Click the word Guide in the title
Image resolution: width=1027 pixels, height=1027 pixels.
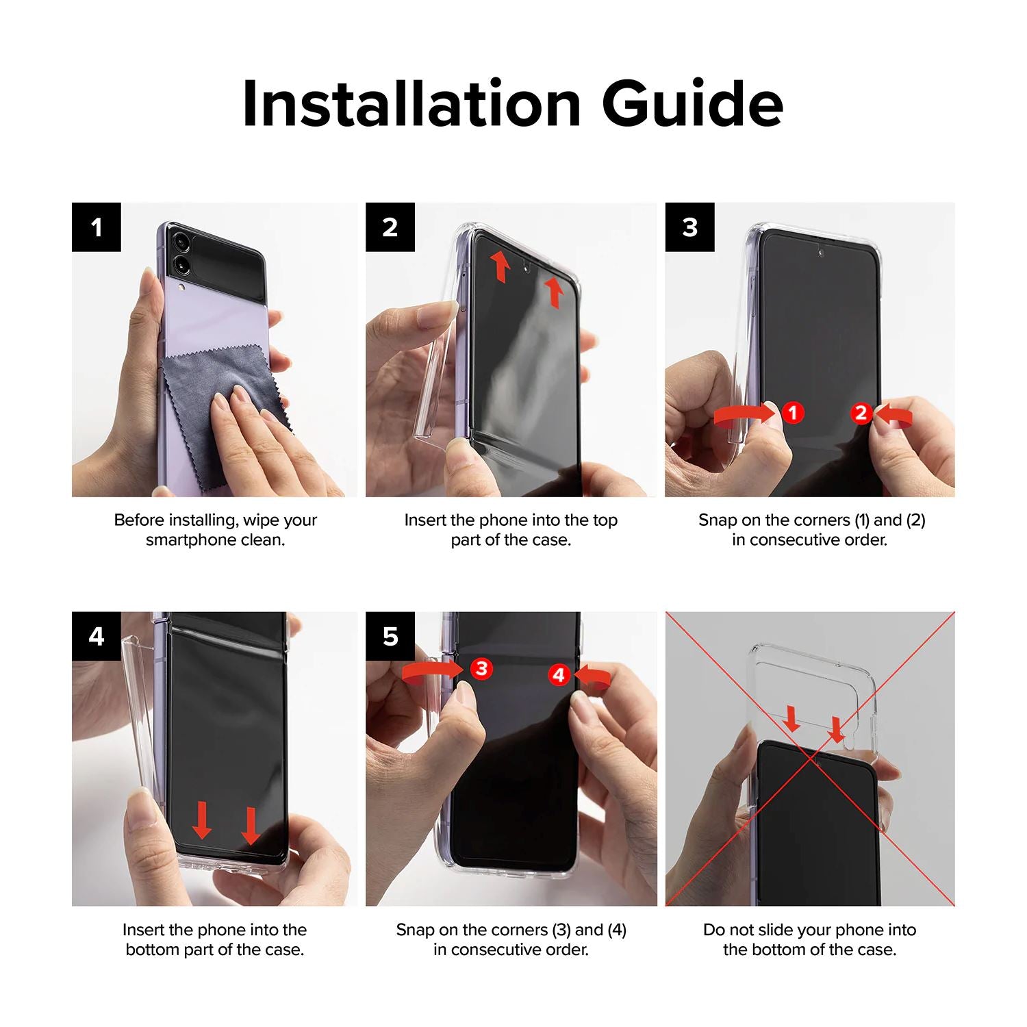[x=693, y=103]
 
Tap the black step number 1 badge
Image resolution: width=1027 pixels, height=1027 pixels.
[x=97, y=227]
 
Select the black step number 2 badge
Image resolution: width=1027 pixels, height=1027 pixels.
[x=390, y=227]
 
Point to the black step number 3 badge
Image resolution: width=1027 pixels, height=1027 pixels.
[x=689, y=227]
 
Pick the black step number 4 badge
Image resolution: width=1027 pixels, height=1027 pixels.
[x=97, y=637]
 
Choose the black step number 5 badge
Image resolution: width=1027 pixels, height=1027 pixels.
[x=390, y=637]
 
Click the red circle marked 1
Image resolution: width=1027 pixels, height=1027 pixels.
[x=793, y=412]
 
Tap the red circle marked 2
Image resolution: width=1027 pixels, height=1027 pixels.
[x=861, y=413]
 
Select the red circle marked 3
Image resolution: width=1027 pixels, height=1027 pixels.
[x=481, y=668]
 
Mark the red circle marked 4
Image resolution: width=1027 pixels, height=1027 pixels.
[x=559, y=676]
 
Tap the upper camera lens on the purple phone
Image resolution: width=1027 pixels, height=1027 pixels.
[x=181, y=241]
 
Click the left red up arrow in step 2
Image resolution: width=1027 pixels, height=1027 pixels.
[x=501, y=266]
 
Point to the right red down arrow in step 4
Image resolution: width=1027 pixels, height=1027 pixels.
[x=251, y=825]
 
